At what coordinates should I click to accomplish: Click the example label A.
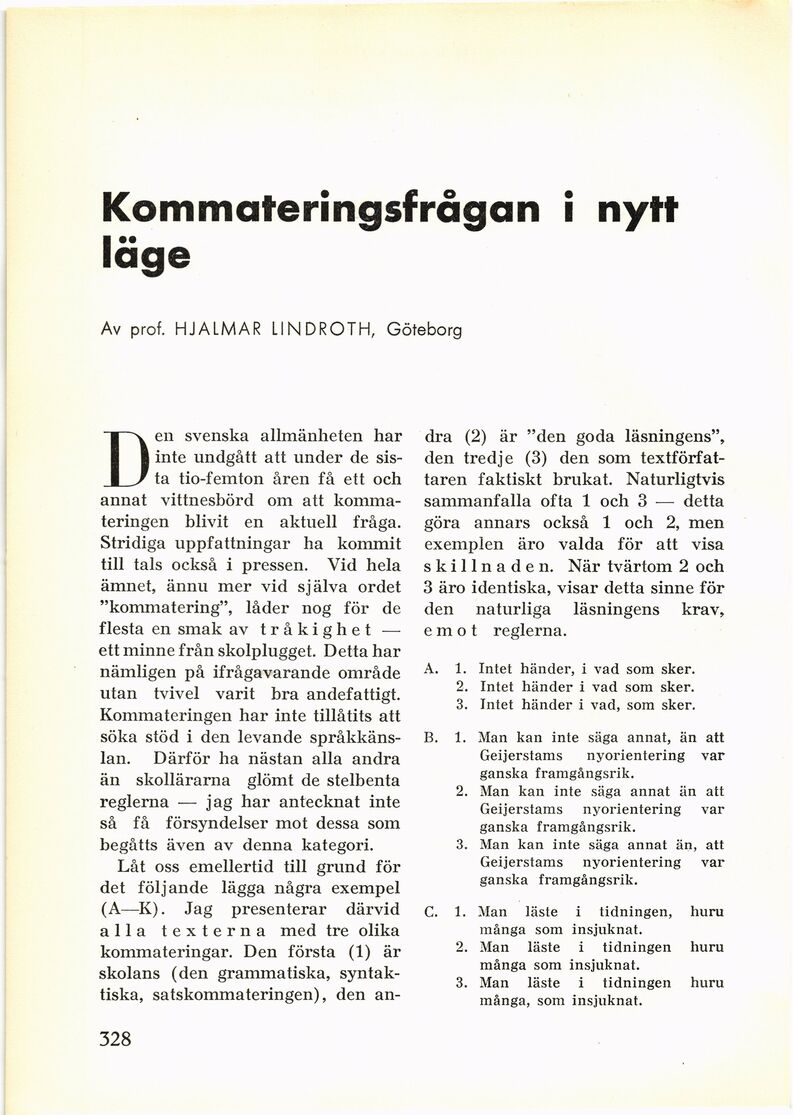click(x=429, y=669)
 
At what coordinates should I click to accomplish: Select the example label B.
click(x=429, y=739)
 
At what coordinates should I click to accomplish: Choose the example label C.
click(x=430, y=912)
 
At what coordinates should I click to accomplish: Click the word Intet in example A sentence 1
click(x=496, y=669)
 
